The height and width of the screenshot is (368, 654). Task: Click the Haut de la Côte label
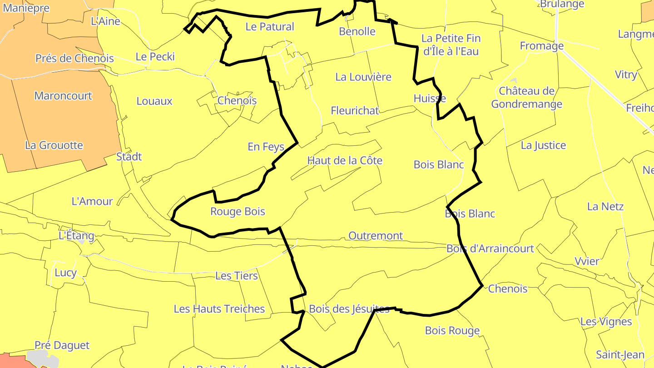(x=345, y=160)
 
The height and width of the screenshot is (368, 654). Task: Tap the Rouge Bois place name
(x=238, y=211)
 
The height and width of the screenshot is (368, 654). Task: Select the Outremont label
(x=376, y=236)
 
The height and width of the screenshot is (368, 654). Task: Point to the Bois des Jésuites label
(x=349, y=309)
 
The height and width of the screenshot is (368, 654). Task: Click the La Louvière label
(x=363, y=77)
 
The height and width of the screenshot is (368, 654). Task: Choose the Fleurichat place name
(x=355, y=110)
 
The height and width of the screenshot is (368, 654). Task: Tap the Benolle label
(x=357, y=31)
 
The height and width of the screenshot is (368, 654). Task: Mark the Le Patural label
(x=270, y=26)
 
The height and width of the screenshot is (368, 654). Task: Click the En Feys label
(x=266, y=147)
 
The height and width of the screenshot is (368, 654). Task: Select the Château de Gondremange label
(x=527, y=98)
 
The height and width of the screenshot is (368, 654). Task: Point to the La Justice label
(x=543, y=145)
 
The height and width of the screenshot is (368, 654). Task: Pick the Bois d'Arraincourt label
(x=490, y=249)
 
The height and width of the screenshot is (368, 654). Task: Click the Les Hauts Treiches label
(x=219, y=309)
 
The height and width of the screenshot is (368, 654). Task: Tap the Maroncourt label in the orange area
(x=63, y=96)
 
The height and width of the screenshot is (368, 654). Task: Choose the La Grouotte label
(x=54, y=145)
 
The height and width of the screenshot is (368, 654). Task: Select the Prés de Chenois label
(x=74, y=58)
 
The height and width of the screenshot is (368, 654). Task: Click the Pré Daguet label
(x=62, y=345)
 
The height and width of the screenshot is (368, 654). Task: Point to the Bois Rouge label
(x=452, y=330)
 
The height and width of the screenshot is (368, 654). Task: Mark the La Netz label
(x=605, y=206)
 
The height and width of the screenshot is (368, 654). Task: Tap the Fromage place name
(x=541, y=46)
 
